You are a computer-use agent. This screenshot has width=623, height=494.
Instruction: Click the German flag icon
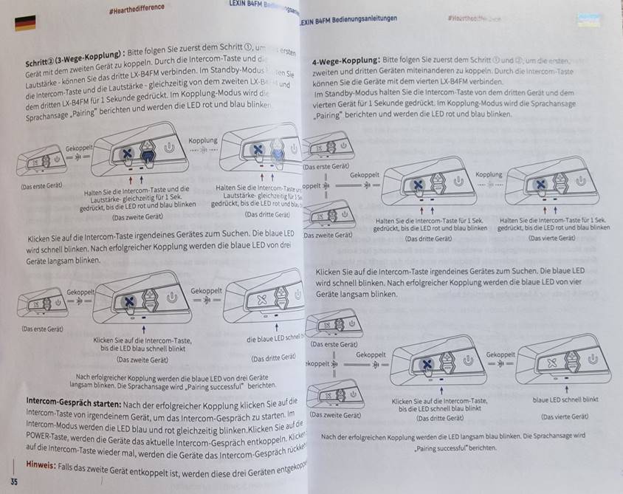click(x=25, y=23)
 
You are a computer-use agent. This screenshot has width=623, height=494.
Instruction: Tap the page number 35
click(x=14, y=481)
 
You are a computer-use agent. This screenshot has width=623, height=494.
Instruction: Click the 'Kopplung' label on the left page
click(x=202, y=140)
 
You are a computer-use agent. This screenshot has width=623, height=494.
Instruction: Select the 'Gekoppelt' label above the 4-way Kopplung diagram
click(x=365, y=175)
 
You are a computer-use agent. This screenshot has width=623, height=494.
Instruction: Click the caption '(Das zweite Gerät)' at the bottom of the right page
click(x=334, y=415)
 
